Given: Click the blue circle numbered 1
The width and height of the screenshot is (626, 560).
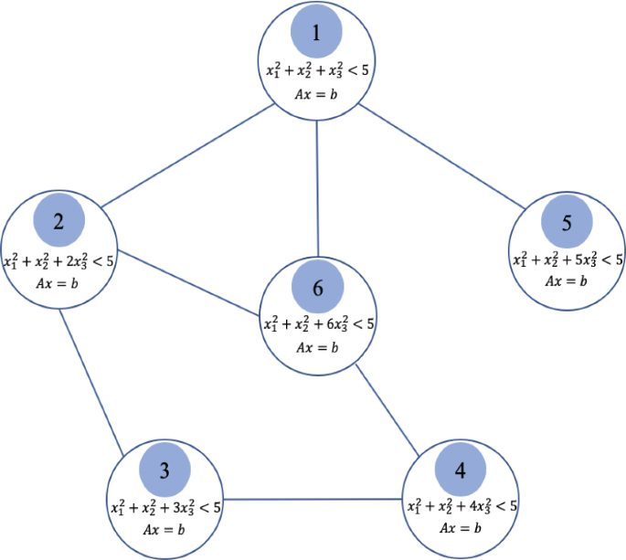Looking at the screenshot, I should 316,34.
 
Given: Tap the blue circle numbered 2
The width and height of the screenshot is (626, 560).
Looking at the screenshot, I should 58,222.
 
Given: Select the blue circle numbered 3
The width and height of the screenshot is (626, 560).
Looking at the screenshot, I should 164,470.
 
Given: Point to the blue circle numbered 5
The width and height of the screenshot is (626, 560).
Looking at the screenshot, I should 568,222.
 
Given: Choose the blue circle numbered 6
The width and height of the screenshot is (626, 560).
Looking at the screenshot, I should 317,288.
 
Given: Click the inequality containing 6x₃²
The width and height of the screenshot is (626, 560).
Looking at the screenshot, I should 319,324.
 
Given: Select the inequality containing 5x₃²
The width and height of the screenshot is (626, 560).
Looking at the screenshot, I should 568,259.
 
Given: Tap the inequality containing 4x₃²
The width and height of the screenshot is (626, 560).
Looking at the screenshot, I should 461,506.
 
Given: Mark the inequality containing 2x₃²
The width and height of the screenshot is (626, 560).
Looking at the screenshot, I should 58,261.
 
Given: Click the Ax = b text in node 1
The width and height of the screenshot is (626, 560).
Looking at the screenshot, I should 315,94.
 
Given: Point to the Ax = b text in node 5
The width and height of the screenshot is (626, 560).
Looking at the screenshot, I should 567,280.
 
